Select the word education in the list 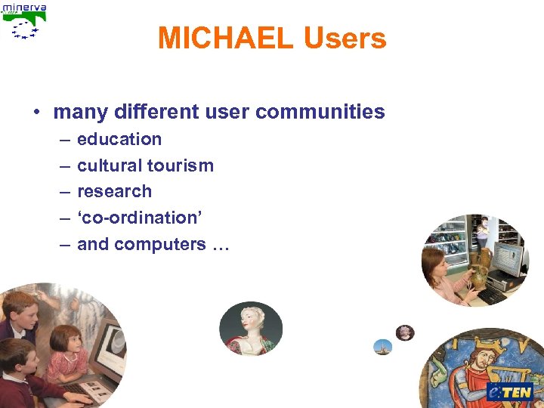click(119, 139)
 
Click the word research click(114, 191)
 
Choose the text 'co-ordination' click(140, 218)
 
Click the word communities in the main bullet click(320, 113)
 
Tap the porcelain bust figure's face click(249, 318)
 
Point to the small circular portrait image click(405, 332)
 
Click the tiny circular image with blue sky click(383, 348)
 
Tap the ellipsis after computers click(220, 244)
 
